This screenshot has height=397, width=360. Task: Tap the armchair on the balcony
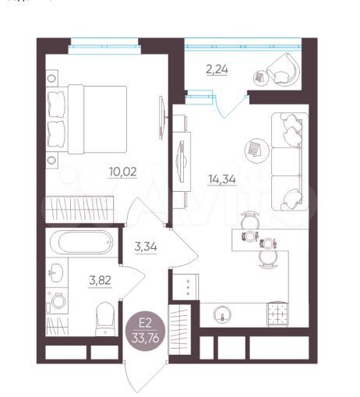point(284,71)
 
